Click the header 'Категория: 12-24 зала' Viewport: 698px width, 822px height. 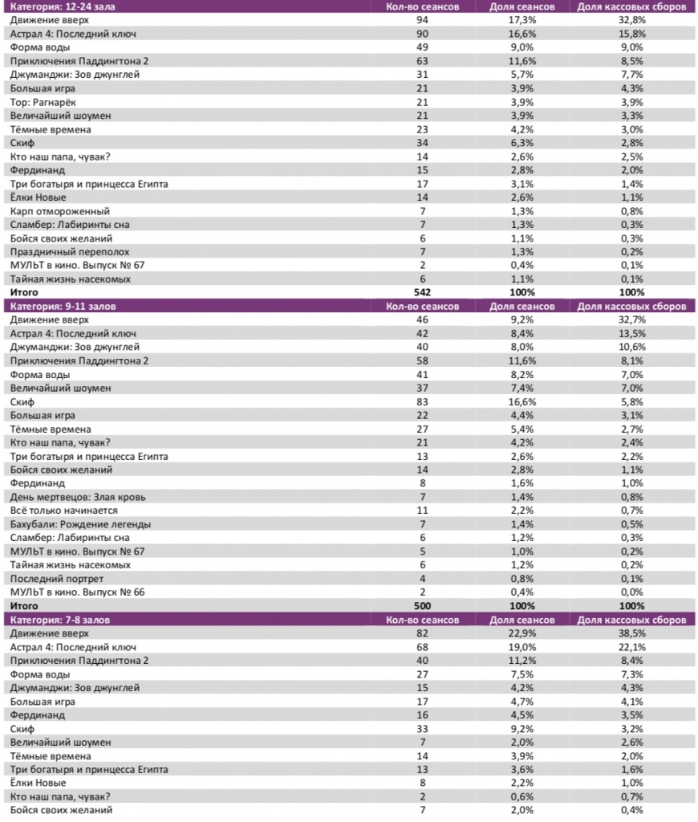pos(55,6)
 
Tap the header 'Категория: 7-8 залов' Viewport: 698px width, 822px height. pos(55,619)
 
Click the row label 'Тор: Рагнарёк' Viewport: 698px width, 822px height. pos(43,102)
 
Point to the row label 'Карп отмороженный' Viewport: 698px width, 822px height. pos(55,211)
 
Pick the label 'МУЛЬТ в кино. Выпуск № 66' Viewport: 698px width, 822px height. pos(77,592)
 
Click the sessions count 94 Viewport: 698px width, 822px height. pos(422,20)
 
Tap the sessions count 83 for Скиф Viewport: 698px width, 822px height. pos(422,401)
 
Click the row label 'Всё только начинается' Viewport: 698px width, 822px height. pos(64,511)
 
